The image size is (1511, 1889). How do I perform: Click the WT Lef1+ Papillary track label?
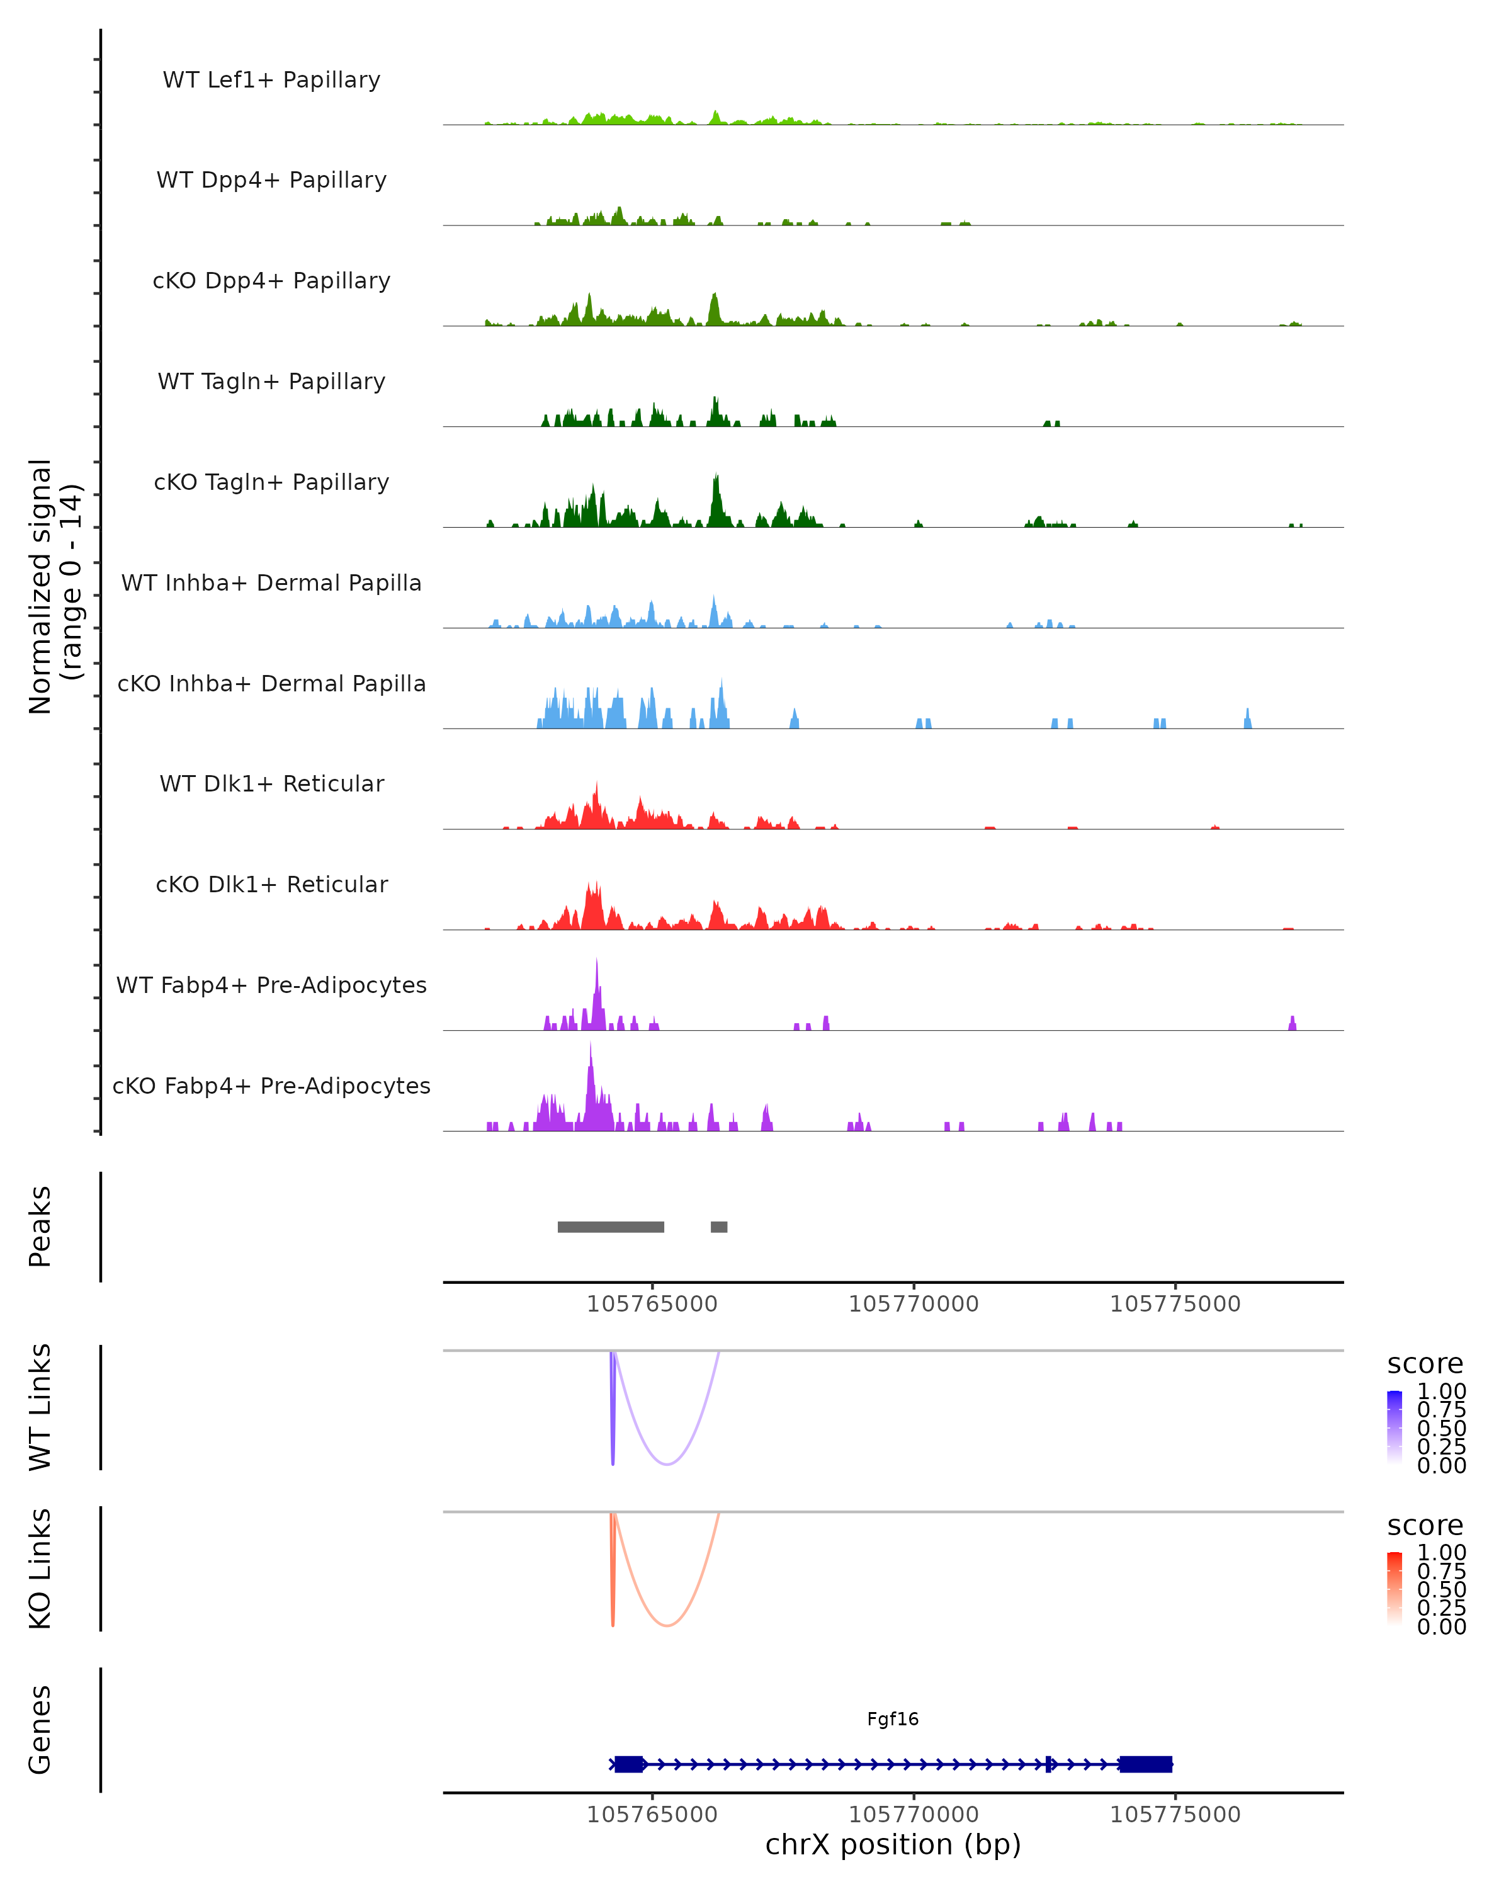271,80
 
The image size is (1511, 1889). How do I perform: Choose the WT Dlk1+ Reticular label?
271,783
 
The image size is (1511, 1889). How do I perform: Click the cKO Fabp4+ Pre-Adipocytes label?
271,1086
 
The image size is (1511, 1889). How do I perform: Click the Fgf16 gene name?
893,1719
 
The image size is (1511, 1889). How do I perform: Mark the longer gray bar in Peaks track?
611,1227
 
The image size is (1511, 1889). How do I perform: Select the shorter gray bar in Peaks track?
719,1227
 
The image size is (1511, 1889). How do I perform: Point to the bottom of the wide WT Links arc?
667,1464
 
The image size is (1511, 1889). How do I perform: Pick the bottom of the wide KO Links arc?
667,1625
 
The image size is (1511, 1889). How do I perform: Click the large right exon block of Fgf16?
1146,1764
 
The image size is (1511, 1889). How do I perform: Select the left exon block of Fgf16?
629,1764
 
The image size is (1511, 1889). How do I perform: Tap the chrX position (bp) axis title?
893,1844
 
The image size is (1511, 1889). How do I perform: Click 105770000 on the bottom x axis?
914,1815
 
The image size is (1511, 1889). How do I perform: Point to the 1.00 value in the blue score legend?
1442,1392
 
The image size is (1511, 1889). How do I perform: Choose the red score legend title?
1425,1526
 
